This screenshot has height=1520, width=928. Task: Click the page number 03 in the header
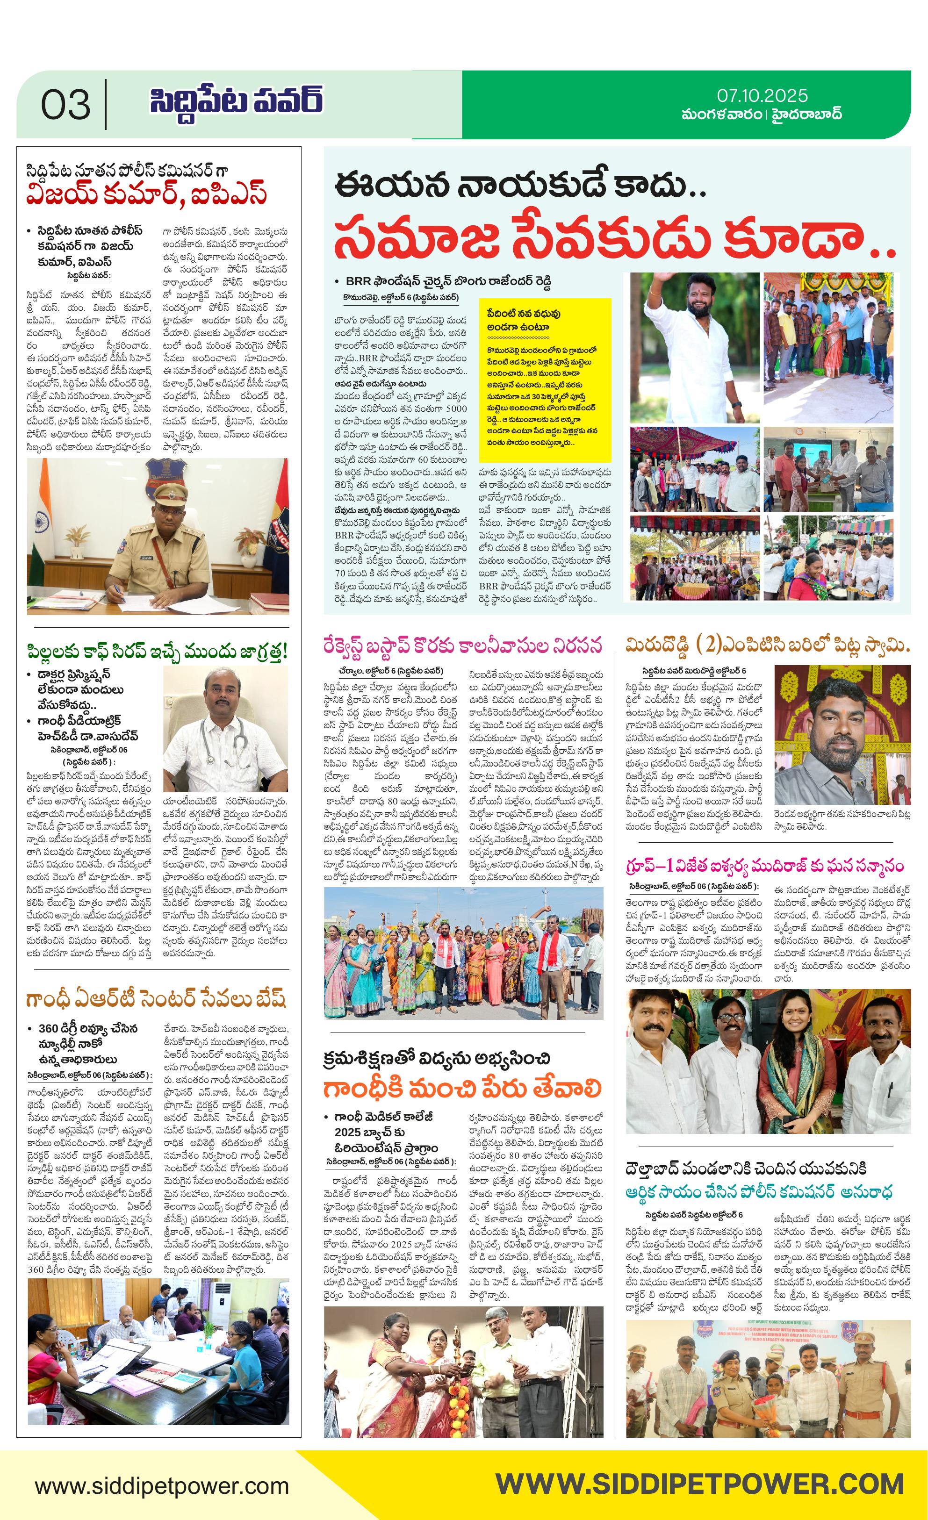point(65,105)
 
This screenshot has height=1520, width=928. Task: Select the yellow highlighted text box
point(545,380)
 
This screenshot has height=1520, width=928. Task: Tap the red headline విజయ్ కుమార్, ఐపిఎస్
point(147,194)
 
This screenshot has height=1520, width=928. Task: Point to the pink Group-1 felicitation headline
point(764,865)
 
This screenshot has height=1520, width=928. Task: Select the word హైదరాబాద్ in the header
point(806,115)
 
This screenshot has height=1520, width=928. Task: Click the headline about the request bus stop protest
point(463,646)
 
